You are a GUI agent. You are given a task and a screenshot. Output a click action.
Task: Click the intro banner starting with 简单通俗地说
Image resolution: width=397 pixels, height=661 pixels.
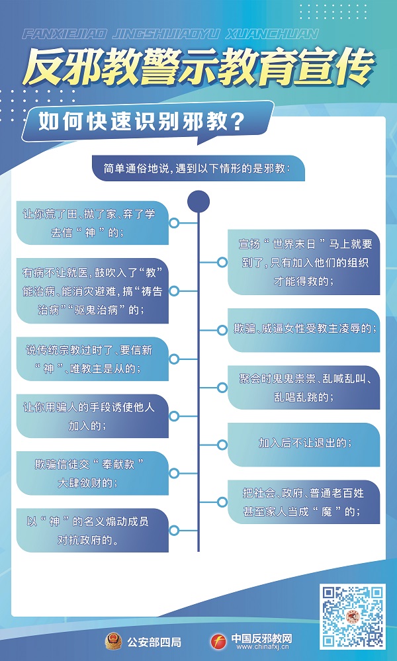tap(197, 168)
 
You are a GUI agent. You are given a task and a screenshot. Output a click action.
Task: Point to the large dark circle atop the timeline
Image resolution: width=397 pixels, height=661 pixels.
tap(198, 200)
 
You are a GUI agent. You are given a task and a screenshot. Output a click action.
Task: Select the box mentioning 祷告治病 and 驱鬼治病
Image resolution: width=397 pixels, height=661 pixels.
tap(93, 290)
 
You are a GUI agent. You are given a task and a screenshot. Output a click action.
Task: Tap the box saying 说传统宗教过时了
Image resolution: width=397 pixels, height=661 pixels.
tap(93, 359)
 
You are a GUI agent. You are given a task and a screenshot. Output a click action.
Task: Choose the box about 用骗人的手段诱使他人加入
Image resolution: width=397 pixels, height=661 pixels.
tap(93, 416)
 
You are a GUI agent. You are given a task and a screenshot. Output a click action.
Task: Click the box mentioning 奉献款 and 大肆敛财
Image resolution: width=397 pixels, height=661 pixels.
tap(93, 472)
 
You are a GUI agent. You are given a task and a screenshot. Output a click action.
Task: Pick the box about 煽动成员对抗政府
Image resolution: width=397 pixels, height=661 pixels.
tap(93, 530)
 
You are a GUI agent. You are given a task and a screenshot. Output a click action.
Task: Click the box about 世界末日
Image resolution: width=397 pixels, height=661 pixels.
tap(304, 262)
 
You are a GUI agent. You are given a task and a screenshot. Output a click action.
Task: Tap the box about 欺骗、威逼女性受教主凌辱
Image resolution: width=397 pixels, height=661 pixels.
tap(304, 329)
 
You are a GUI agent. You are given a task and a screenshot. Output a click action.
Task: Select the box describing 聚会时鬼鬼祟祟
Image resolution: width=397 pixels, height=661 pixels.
tap(304, 387)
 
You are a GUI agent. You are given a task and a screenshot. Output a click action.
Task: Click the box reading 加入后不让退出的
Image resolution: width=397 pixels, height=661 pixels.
tap(304, 443)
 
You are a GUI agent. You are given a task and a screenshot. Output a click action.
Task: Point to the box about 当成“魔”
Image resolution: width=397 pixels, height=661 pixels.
tap(304, 502)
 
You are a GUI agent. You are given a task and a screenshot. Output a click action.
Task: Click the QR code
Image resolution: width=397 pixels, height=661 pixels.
tap(353, 616)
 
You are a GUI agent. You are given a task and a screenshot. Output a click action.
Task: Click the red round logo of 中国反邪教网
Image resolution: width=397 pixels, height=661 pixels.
tap(218, 640)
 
